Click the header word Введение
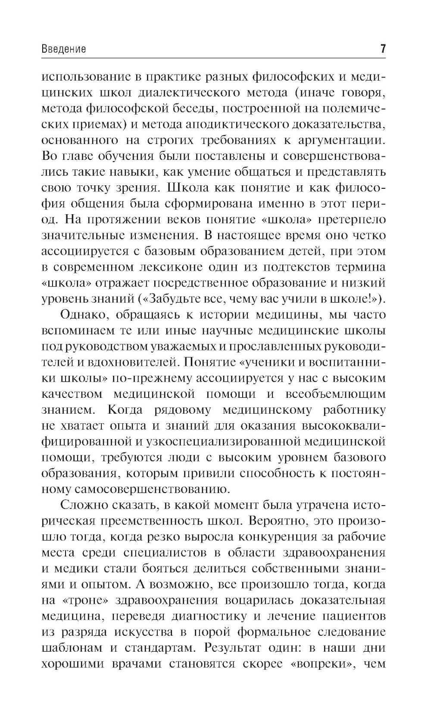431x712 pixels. [x=63, y=49]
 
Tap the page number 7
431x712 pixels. [x=383, y=49]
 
